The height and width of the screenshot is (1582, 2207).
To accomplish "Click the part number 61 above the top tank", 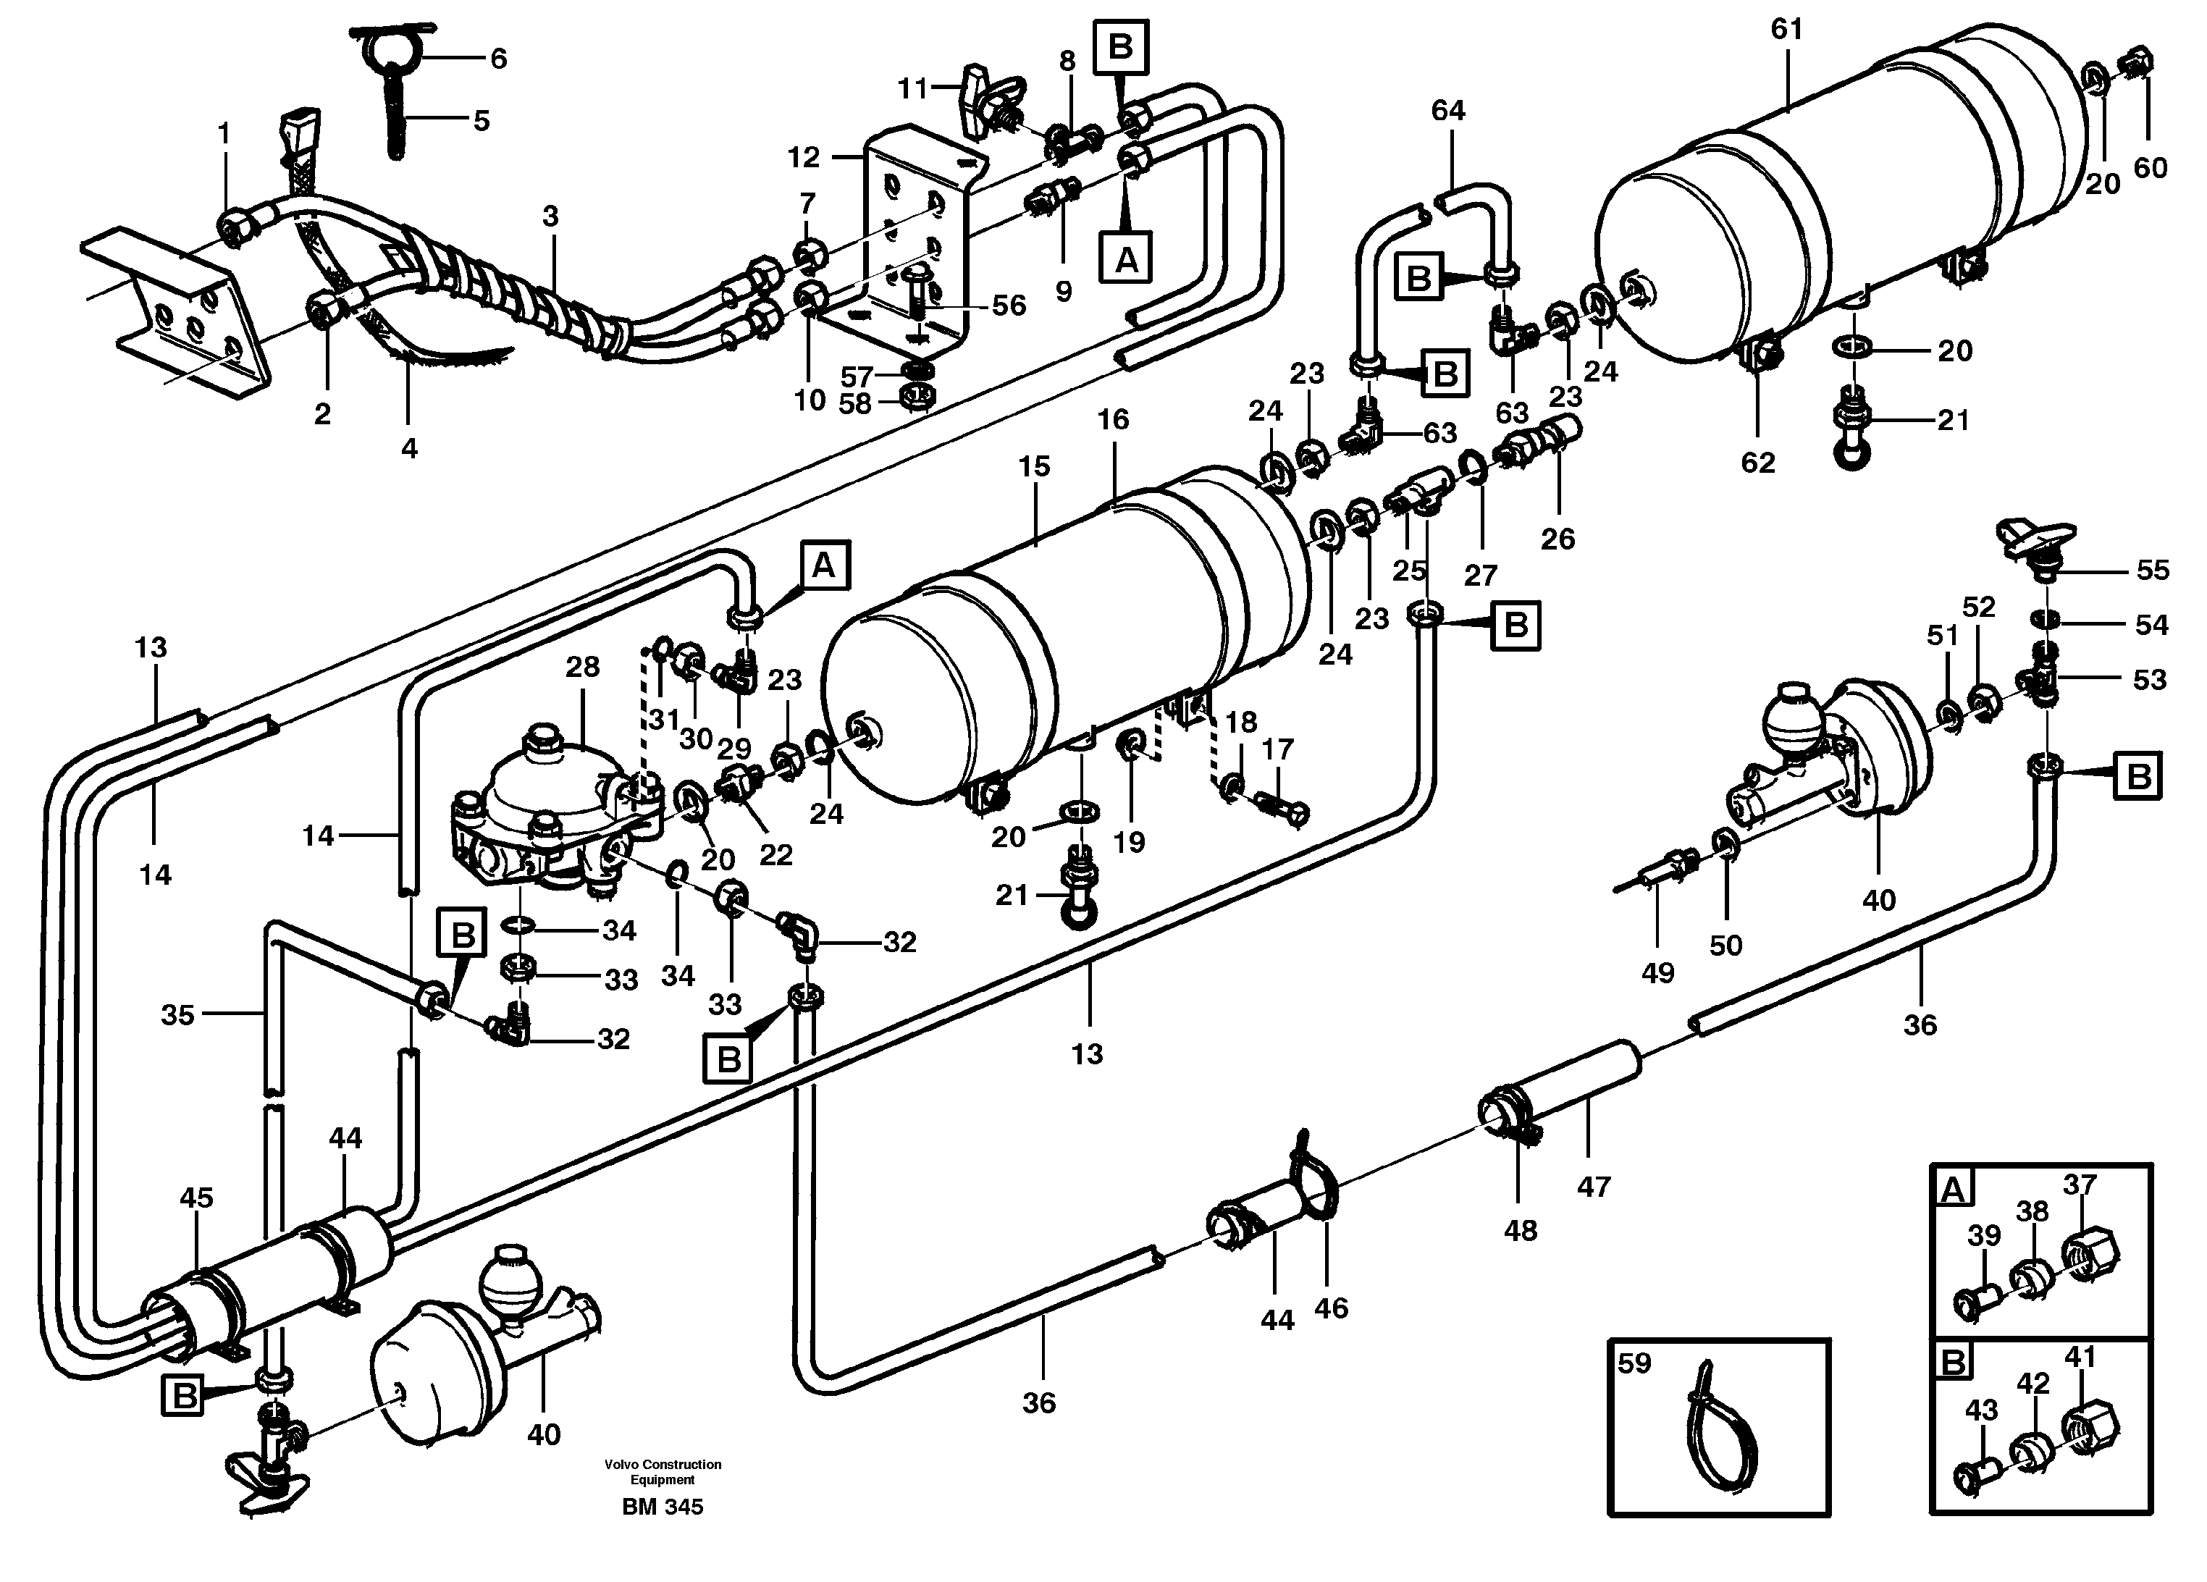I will coord(1786,30).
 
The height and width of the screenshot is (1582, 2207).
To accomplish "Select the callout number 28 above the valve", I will coord(582,668).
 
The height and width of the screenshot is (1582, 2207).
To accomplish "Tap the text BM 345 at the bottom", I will coord(663,1507).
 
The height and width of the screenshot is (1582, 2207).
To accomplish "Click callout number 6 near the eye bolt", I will coord(497,59).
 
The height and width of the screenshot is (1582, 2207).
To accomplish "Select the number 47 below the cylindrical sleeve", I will coord(1593,1186).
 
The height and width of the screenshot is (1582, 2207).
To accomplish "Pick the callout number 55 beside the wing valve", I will coord(2153,570).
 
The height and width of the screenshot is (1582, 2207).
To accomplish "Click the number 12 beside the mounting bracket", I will coord(804,156).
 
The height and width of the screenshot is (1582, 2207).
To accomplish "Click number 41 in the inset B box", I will coord(2080,1356).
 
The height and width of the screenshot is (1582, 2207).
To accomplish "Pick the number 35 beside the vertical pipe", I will coord(177,1015).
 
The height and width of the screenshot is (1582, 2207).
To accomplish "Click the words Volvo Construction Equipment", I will coord(663,1472).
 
